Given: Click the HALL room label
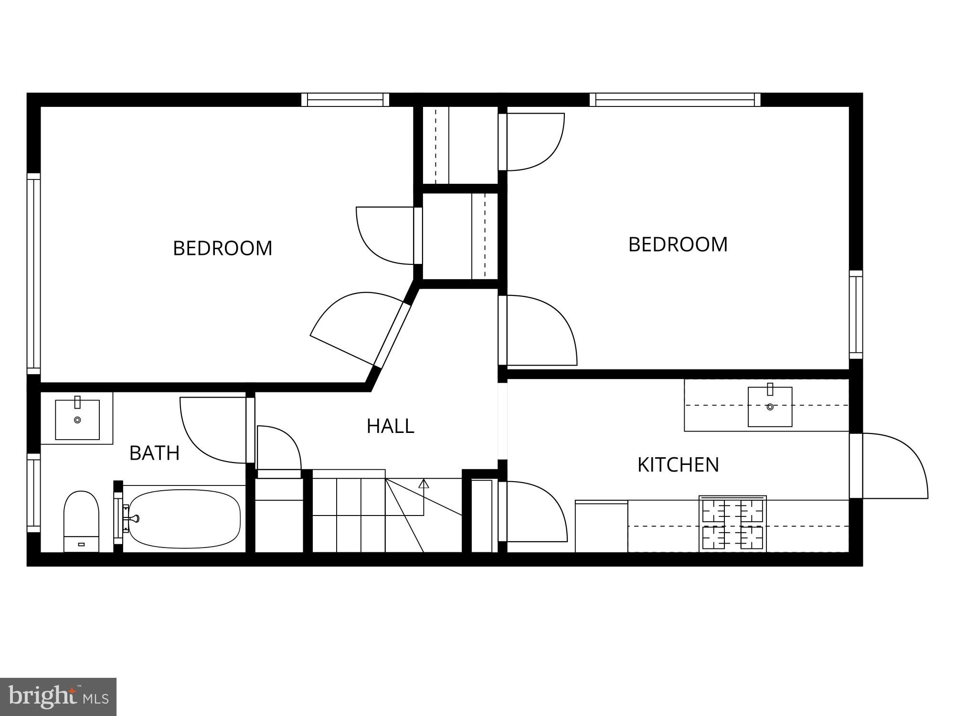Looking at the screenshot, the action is pos(390,426).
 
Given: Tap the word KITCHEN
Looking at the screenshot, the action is pos(678,464).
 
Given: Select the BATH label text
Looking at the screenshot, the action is pos(154,453).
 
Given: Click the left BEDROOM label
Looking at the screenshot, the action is pos(223,248).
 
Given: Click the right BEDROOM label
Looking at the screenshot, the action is pos(678,244).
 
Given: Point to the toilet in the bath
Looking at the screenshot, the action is pos(81,521).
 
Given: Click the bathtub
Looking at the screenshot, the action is pos(184,519).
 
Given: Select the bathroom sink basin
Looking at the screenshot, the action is pos(77,420).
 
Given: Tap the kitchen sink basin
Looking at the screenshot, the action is pos(770,406).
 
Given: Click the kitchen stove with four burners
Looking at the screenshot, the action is pos(732,524).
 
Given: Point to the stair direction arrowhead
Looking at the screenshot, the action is pos(424,484).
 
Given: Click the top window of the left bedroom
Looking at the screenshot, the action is pos(345,100).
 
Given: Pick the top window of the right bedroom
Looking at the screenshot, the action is pos(675,100).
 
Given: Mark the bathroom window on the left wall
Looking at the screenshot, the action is pos(33,493).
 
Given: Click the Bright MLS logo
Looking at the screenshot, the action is pos(58,696).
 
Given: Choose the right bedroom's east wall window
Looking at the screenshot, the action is pos(856,315).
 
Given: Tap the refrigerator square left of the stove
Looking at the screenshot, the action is pos(601,526).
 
